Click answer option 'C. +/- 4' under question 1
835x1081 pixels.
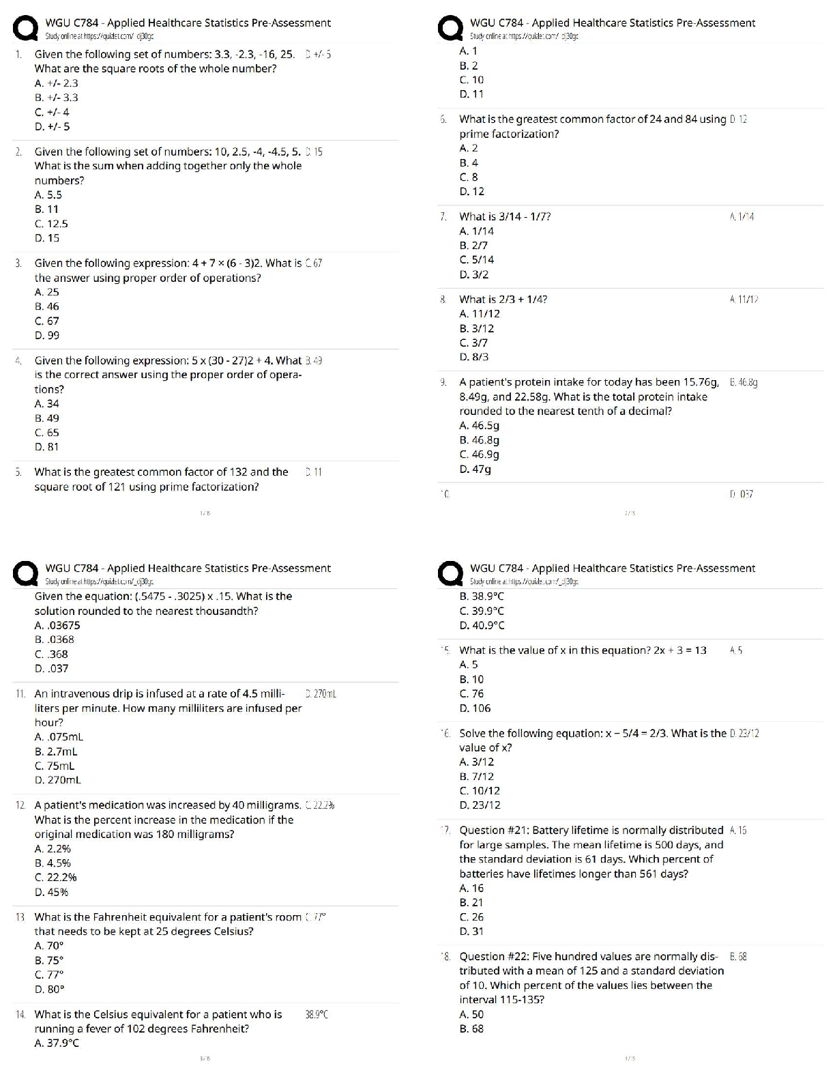tap(52, 112)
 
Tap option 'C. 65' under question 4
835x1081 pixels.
tap(46, 432)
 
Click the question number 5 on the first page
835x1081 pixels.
tap(18, 472)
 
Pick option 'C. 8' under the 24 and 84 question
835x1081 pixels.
tap(469, 177)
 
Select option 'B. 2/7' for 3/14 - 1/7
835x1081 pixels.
tap(473, 245)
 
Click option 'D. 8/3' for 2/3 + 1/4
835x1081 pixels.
tap(474, 356)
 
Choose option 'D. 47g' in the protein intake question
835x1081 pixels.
tap(475, 469)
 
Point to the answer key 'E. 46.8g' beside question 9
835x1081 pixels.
tap(744, 382)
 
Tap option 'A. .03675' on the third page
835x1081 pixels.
tap(57, 624)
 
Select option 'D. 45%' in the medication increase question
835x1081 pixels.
tap(51, 892)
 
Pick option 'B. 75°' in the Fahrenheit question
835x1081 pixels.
tap(49, 960)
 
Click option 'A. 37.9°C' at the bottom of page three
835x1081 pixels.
tap(57, 1043)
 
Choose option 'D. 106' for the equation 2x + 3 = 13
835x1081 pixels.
tap(475, 708)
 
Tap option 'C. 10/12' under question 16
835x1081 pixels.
tap(480, 790)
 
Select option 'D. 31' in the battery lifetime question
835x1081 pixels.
tap(471, 931)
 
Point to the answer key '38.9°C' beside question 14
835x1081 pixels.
tap(317, 1014)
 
